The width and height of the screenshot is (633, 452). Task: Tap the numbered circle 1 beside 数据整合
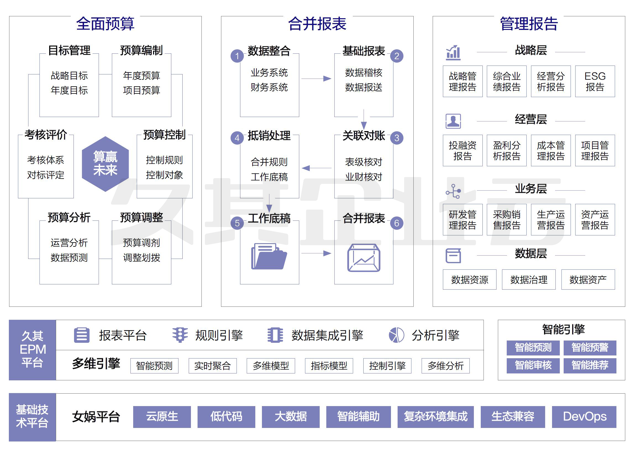(237, 56)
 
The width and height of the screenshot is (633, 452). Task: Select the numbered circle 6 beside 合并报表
(396, 223)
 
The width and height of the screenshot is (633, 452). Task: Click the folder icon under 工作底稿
(269, 256)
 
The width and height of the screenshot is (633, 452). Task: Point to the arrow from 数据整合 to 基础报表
(316, 79)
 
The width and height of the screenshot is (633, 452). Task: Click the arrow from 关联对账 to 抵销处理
(316, 168)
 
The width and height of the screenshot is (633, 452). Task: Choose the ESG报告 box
(595, 81)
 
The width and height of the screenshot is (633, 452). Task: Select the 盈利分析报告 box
(506, 150)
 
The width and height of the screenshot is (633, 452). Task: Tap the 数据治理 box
(529, 279)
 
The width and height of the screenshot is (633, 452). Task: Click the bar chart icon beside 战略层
(453, 53)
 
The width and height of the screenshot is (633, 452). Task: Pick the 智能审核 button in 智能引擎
(533, 365)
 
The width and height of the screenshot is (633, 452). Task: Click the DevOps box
(584, 417)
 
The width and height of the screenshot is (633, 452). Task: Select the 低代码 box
(226, 417)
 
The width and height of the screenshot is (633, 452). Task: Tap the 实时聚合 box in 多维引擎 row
(212, 365)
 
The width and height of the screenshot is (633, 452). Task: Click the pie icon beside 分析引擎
(396, 335)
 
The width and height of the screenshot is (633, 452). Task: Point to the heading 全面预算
(105, 24)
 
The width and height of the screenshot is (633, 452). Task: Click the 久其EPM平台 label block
(32, 350)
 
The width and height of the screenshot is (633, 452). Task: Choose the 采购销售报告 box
(506, 220)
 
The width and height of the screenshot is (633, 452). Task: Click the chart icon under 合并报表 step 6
(364, 258)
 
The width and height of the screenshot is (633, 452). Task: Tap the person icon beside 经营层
(453, 121)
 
